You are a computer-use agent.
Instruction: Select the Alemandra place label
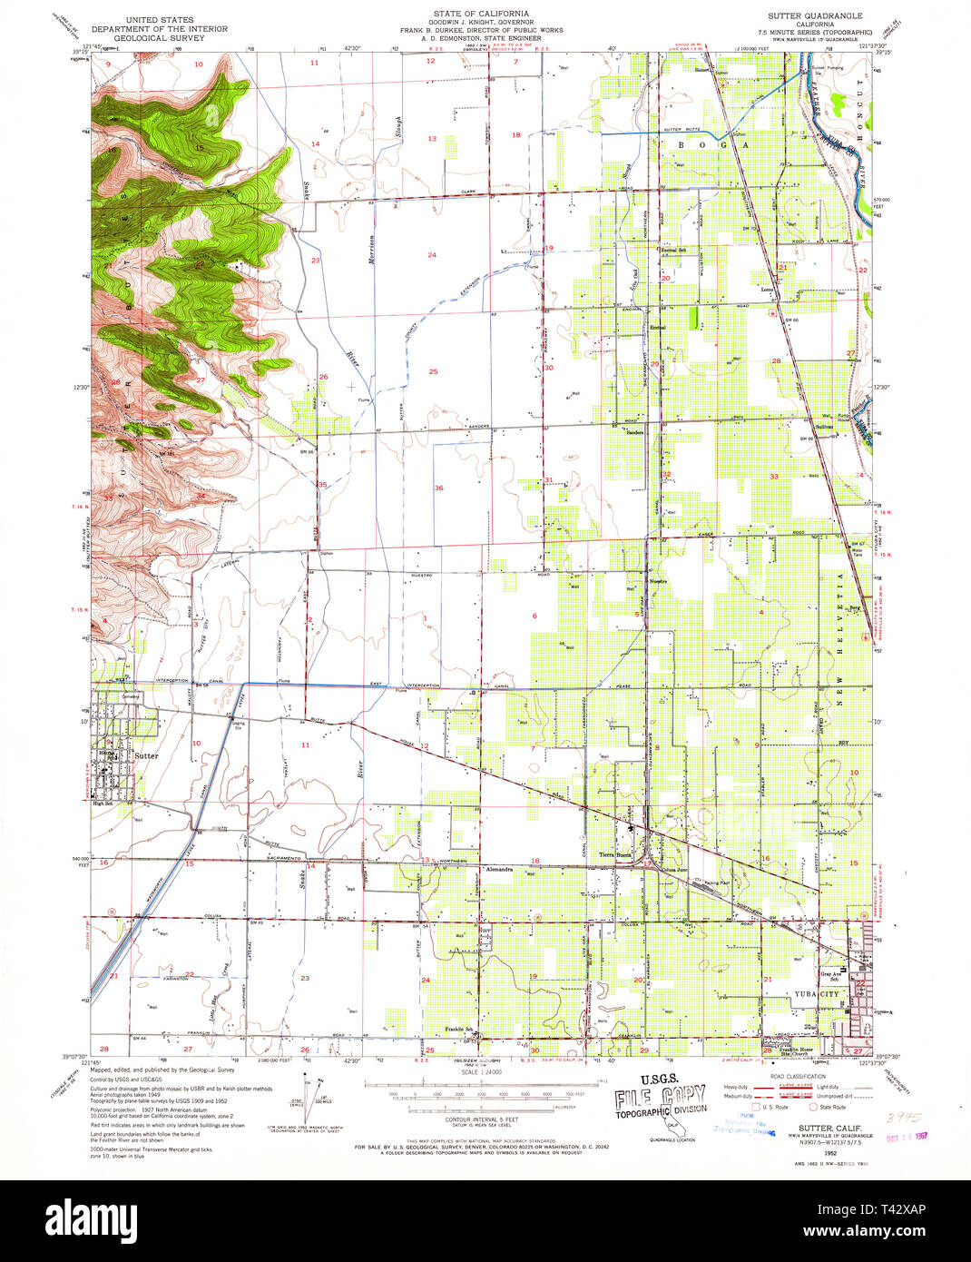pos(499,869)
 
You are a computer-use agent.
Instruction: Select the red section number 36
pos(438,488)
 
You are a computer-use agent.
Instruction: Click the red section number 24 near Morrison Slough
pos(432,255)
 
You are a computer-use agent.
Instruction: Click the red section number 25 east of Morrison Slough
pos(433,371)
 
